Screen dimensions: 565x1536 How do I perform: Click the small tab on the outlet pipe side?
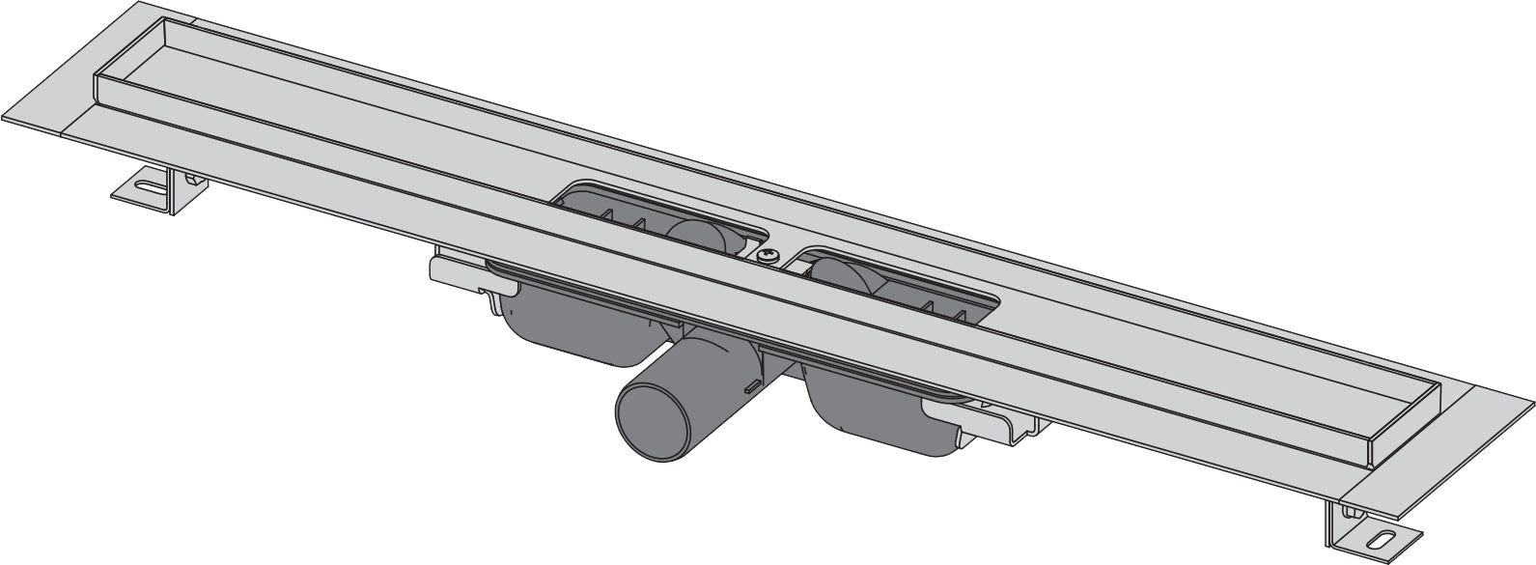point(748,385)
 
